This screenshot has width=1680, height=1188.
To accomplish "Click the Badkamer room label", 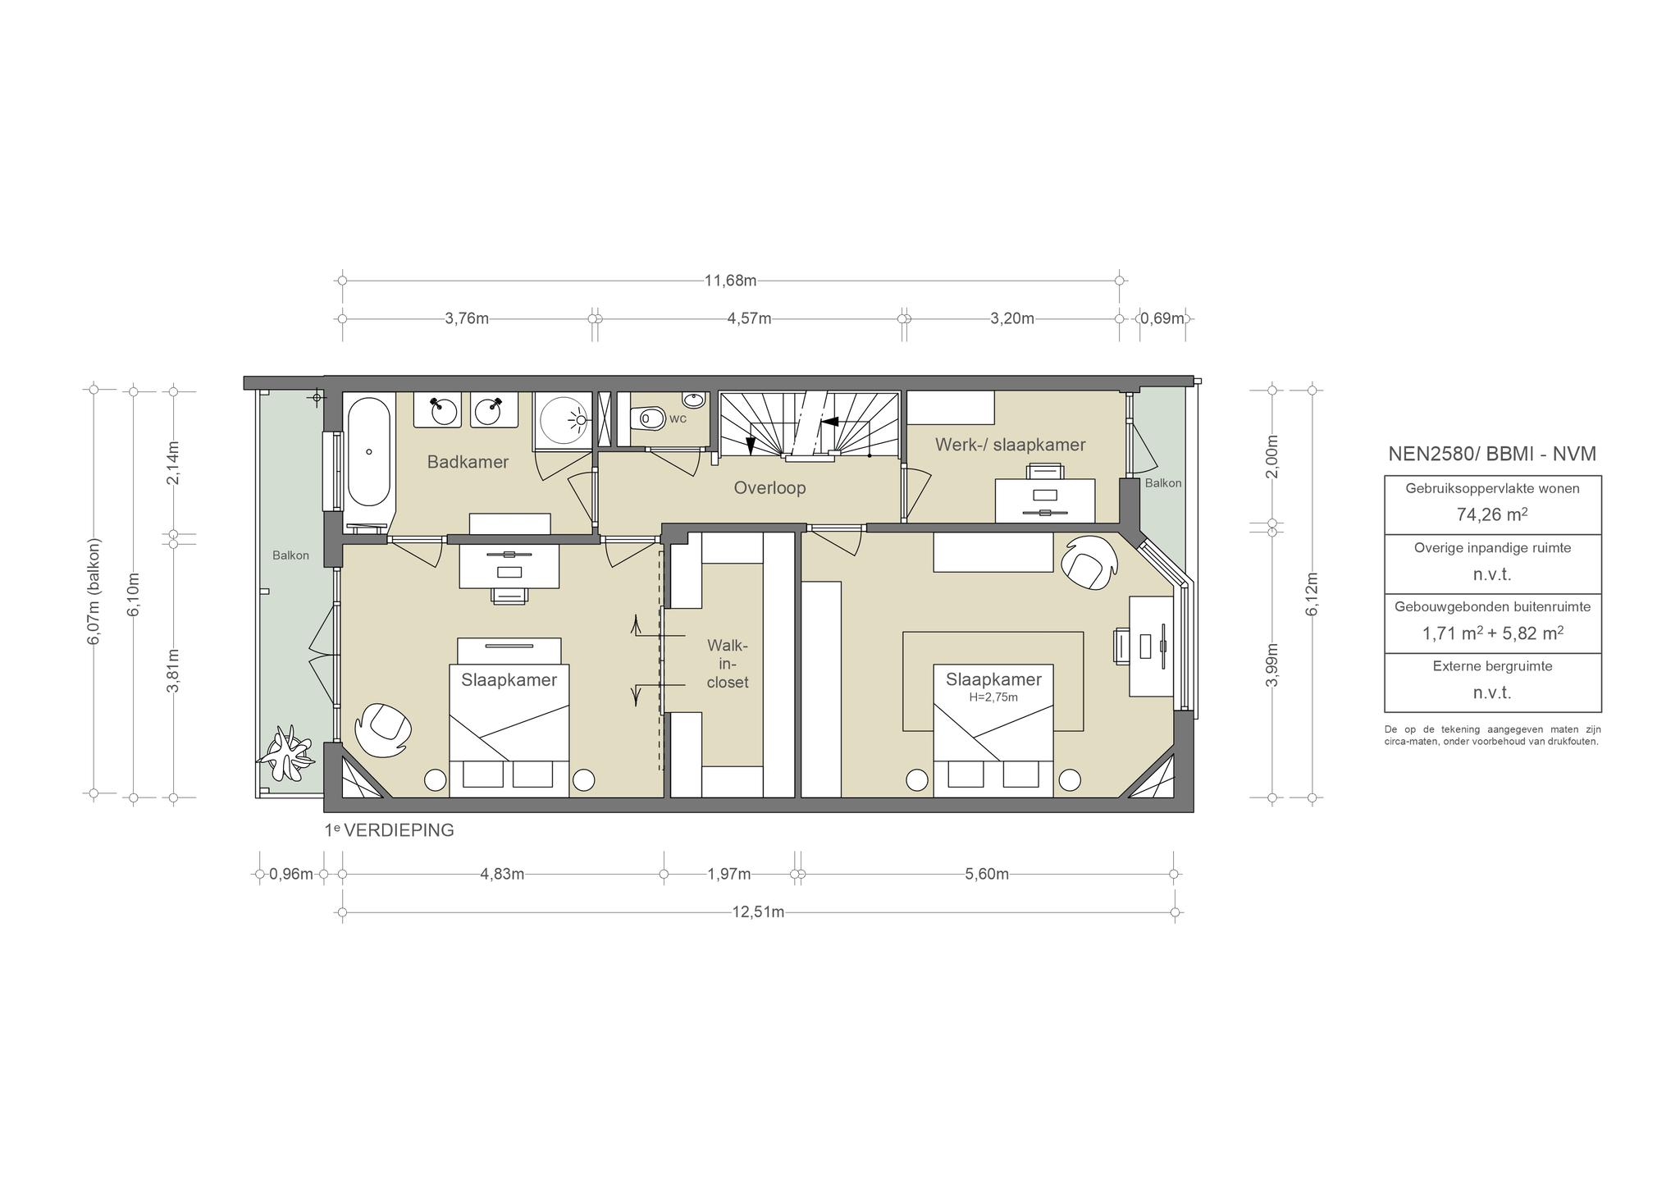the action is [468, 462].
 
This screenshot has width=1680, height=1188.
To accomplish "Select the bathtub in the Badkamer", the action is [369, 452].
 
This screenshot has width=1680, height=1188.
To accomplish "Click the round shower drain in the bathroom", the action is [582, 420].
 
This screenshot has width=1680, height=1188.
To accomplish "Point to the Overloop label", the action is [769, 488].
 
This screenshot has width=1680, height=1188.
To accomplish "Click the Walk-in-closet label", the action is [728, 664].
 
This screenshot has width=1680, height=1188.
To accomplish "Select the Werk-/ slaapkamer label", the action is [1011, 445].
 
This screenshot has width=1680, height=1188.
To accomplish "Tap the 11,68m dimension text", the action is [730, 281].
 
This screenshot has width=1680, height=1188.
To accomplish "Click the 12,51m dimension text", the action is [758, 912].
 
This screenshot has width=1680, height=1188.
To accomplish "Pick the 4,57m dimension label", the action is [749, 318].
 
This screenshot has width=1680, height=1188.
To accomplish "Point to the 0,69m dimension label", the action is [1162, 318].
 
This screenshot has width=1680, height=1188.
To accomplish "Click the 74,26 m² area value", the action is [1492, 514].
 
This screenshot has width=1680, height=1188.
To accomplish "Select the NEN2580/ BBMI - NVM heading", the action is [1492, 454].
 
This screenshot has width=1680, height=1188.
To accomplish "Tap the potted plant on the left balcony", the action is [286, 752].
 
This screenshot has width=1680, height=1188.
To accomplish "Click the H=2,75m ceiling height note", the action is [993, 697].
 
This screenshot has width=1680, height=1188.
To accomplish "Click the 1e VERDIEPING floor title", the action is [389, 830].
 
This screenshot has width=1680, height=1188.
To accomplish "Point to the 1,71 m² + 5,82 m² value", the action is [1492, 633].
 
